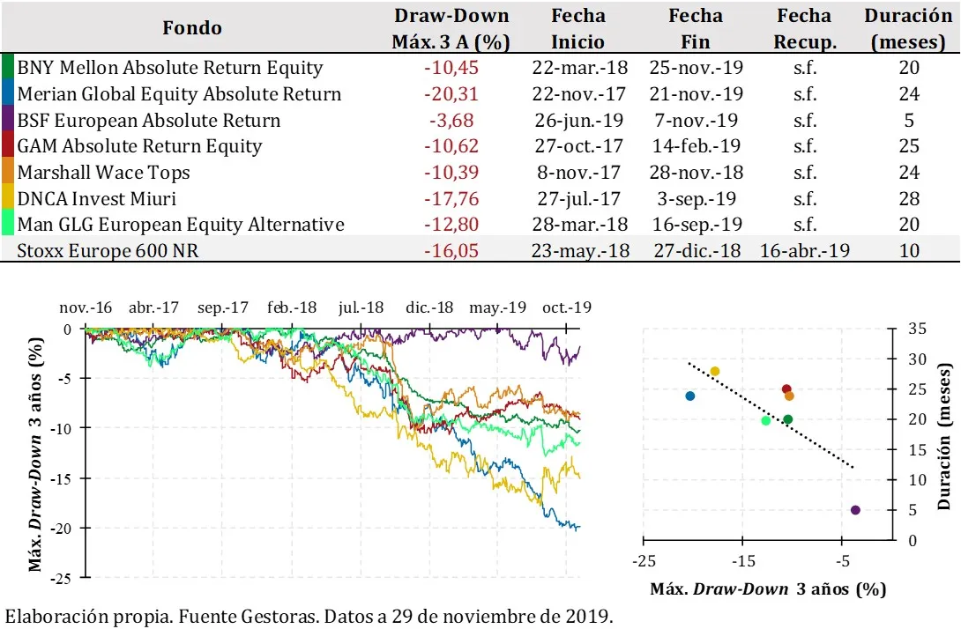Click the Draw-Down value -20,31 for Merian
(451, 94)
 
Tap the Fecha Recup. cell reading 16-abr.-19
(804, 251)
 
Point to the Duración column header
(907, 28)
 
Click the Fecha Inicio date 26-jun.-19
(581, 121)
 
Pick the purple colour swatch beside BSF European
(8, 121)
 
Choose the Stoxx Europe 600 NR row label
(108, 251)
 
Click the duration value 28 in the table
(909, 199)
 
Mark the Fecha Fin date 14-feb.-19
(696, 146)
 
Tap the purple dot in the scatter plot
(855, 510)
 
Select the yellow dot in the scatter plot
(715, 371)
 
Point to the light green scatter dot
(765, 420)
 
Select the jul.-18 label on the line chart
(360, 307)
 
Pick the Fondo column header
(192, 28)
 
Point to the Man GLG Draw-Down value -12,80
(451, 225)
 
